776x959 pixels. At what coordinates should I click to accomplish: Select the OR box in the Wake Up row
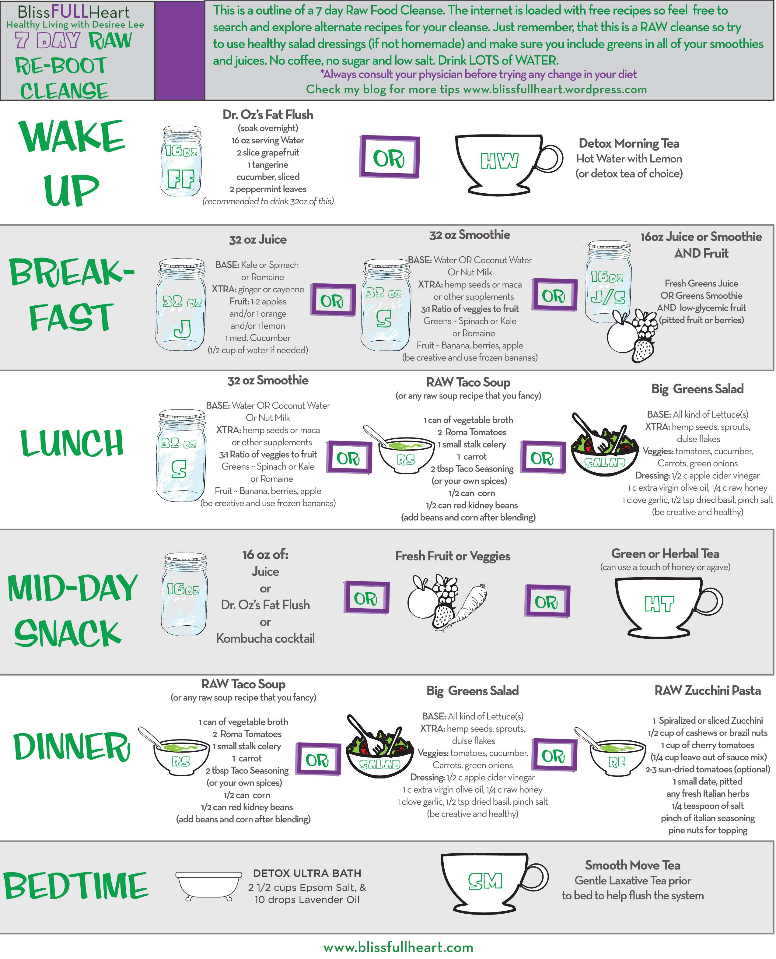(389, 157)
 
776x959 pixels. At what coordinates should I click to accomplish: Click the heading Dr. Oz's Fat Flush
(268, 115)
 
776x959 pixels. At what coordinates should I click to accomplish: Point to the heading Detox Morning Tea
(629, 143)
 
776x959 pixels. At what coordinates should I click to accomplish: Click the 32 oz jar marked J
(180, 305)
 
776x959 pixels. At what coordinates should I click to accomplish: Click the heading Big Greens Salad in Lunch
(697, 389)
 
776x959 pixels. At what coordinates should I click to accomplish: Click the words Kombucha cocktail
(266, 638)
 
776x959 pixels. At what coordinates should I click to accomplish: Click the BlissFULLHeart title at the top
(74, 11)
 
